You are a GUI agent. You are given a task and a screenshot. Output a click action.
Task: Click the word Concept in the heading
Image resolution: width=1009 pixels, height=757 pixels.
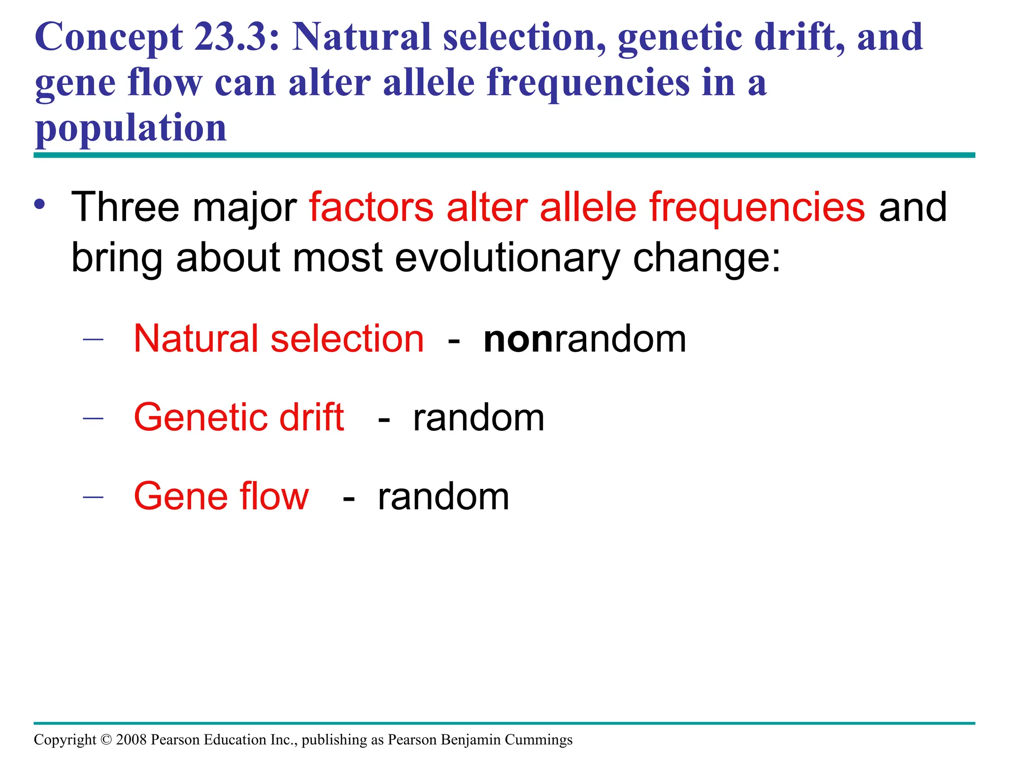pyautogui.click(x=109, y=38)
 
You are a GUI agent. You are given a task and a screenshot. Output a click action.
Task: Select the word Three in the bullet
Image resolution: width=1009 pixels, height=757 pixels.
pyautogui.click(x=125, y=207)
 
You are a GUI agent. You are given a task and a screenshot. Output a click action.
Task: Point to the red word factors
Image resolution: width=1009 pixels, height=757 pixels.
pyautogui.click(x=371, y=207)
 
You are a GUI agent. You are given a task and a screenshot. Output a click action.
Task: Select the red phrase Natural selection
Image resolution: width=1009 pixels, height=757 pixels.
pyautogui.click(x=278, y=339)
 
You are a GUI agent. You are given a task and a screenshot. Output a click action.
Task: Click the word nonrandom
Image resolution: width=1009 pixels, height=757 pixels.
pyautogui.click(x=585, y=339)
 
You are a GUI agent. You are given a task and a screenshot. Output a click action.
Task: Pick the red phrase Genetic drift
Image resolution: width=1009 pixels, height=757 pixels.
pyautogui.click(x=239, y=417)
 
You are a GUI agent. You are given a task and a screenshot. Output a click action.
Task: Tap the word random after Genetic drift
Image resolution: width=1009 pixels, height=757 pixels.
pyautogui.click(x=478, y=418)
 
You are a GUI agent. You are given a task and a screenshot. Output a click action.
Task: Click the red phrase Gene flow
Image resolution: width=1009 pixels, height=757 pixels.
pyautogui.click(x=221, y=496)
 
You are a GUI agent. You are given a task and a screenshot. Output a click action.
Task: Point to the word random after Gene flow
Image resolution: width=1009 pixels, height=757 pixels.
pyautogui.click(x=443, y=497)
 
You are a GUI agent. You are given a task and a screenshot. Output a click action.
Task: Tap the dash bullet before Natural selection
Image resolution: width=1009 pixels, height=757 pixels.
pyautogui.click(x=93, y=339)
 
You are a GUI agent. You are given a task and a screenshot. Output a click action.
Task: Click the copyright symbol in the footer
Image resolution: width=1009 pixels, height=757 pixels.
pyautogui.click(x=106, y=740)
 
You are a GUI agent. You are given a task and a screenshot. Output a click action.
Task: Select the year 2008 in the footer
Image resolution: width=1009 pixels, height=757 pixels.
pyautogui.click(x=132, y=740)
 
